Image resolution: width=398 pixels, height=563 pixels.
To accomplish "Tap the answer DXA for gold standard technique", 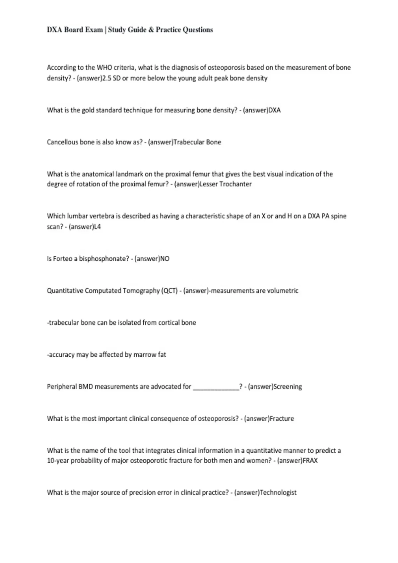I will (x=274, y=110).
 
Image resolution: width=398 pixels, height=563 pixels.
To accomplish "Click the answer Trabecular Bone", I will (x=197, y=142).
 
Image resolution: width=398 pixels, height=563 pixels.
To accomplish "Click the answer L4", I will (x=97, y=227).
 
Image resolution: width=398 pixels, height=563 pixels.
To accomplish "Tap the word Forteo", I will (x=63, y=259).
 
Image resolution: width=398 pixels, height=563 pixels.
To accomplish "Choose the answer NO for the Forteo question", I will (x=165, y=259).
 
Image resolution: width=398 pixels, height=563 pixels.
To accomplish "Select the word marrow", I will (x=145, y=355).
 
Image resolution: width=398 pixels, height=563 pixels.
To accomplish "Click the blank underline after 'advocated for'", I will (x=216, y=387).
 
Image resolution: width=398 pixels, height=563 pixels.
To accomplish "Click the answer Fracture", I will (x=282, y=419).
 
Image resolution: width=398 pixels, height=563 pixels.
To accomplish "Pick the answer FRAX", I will (x=310, y=461).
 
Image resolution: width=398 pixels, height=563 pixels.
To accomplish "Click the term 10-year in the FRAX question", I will (x=58, y=461).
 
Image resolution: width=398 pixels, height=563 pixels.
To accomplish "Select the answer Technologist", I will (x=278, y=492).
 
